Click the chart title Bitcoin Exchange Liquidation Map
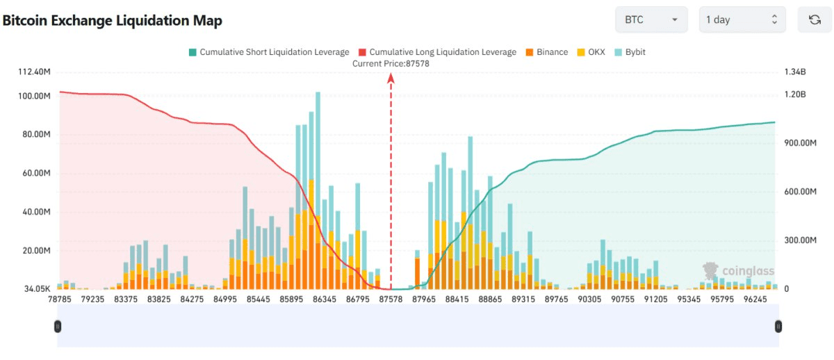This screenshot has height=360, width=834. click(x=113, y=21)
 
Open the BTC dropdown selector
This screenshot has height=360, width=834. click(x=651, y=19)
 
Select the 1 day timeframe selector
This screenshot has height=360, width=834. click(x=742, y=19)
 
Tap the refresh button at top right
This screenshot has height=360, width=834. click(x=815, y=19)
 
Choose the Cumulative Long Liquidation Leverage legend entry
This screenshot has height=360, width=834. click(x=437, y=52)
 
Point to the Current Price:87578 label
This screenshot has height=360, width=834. click(x=391, y=63)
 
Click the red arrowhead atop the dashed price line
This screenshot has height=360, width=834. click(x=391, y=77)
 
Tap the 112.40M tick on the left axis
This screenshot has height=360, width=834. click(x=34, y=72)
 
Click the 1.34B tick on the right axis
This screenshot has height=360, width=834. click(x=794, y=72)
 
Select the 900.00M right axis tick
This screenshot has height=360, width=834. click(x=800, y=143)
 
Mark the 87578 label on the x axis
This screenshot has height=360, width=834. click(x=391, y=300)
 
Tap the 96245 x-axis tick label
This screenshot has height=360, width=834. click(x=755, y=300)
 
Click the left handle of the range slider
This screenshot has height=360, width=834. click(x=58, y=326)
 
